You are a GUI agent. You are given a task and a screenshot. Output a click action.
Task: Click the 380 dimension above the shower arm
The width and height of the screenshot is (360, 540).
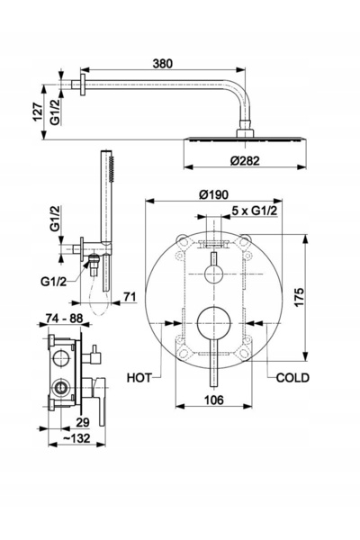pos(163,63)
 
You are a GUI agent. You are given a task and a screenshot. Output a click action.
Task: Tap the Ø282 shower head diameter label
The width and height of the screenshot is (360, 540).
pos(245,160)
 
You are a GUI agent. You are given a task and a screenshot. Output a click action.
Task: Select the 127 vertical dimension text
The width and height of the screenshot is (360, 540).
pos(38,112)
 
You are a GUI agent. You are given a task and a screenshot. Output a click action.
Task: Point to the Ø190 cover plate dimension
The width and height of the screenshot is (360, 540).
pos(213,194)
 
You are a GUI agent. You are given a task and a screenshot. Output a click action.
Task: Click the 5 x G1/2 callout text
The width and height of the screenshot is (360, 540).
pos(255,211)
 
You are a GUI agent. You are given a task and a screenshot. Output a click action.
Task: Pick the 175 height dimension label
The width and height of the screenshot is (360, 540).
pos(299,297)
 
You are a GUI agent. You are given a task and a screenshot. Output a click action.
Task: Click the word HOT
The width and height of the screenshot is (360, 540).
pos(139,378)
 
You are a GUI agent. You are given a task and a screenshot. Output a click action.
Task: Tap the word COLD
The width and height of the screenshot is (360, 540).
pos(292,378)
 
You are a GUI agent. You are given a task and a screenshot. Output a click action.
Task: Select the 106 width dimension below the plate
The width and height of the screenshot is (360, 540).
pos(214,400)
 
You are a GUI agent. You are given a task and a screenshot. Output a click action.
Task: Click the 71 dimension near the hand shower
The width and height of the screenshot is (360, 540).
pos(130,296)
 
